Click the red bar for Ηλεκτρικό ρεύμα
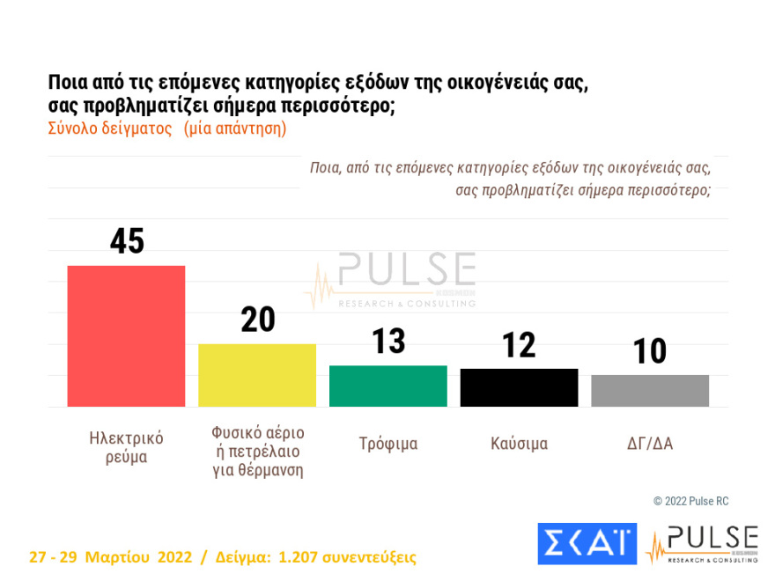(x=126, y=335)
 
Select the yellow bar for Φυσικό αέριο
(x=257, y=375)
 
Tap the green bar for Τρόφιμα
(x=388, y=386)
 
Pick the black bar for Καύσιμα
(x=519, y=387)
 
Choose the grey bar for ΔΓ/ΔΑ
(x=650, y=391)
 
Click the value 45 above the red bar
(x=127, y=241)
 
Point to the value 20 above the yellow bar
(x=258, y=320)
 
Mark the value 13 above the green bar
(x=387, y=342)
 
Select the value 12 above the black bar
(x=519, y=345)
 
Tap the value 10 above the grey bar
(x=650, y=351)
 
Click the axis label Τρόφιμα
(x=388, y=444)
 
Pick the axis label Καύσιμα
(x=519, y=444)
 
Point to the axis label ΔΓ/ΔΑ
(x=650, y=444)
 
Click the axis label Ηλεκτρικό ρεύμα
(x=127, y=447)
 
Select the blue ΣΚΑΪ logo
(x=587, y=543)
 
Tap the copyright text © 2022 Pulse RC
(x=690, y=501)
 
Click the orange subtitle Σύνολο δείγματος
(x=108, y=128)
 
